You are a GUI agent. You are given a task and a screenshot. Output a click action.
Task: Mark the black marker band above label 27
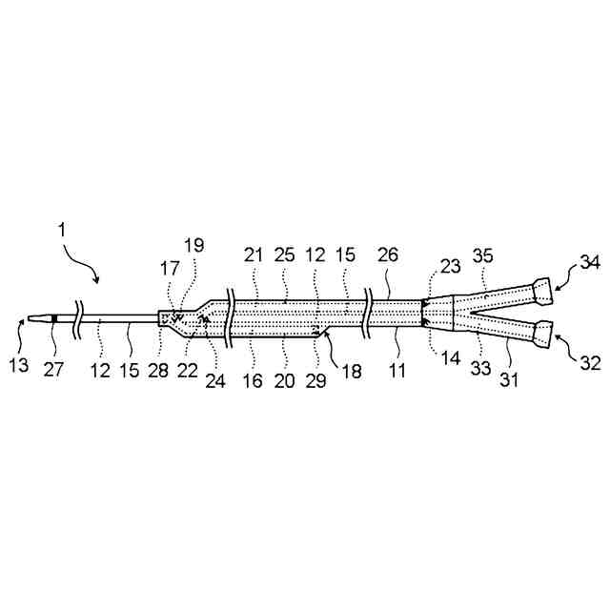[x=54, y=317]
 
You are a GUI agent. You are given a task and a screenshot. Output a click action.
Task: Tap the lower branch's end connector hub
[x=543, y=332]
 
